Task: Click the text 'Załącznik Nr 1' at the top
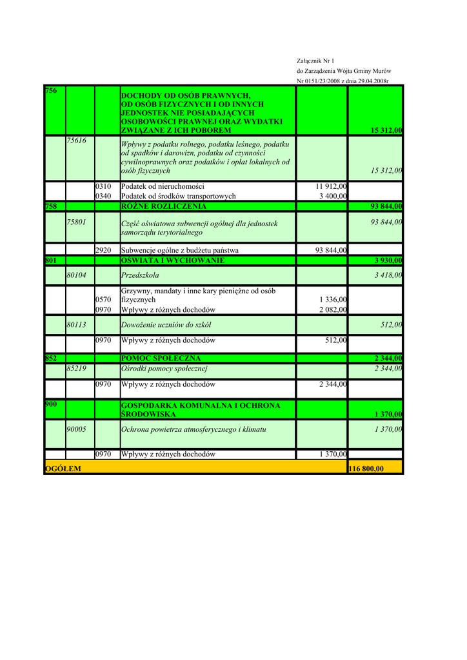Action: click(315, 61)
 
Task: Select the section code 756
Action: click(51, 91)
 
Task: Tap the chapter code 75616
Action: click(77, 141)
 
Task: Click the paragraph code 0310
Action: click(103, 186)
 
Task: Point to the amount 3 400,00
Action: click(333, 196)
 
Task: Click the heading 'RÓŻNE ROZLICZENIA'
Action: click(164, 206)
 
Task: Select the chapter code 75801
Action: click(77, 222)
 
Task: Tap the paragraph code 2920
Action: click(103, 250)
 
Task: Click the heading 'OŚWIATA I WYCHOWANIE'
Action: click(173, 260)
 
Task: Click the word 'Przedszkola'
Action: click(140, 275)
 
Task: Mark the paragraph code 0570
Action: click(103, 300)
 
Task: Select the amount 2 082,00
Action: click(333, 310)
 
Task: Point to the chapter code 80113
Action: click(77, 325)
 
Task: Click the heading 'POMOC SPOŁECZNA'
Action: click(161, 358)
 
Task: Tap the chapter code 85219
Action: click(77, 369)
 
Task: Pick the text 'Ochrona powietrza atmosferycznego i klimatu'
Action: click(194, 429)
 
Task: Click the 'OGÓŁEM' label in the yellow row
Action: click(63, 469)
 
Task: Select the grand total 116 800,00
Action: click(366, 469)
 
